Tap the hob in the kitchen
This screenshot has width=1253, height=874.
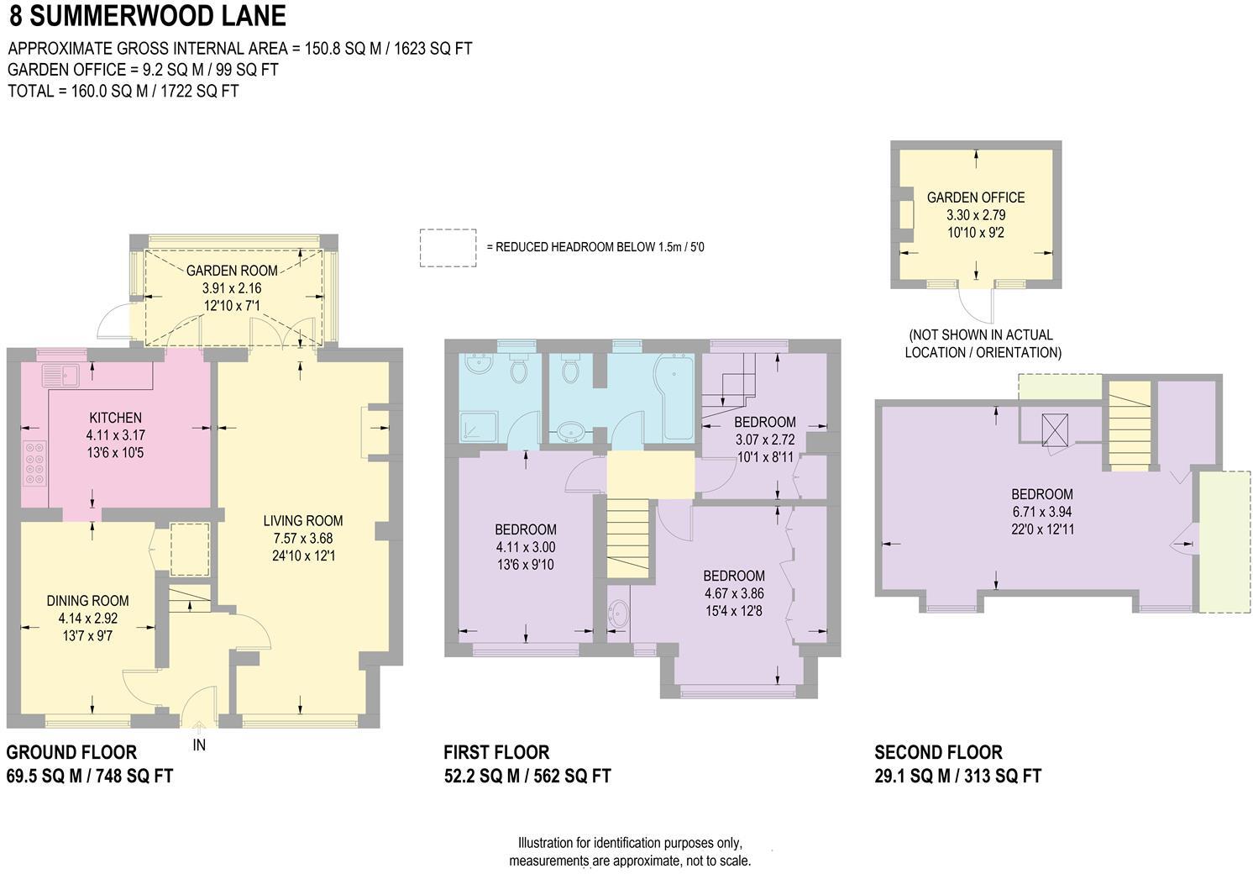[x=35, y=464]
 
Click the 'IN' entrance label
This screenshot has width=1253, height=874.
[x=199, y=745]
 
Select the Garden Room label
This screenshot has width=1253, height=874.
[x=232, y=271]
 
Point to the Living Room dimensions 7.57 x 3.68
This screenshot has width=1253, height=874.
[x=302, y=538]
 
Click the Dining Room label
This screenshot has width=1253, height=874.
[x=87, y=601]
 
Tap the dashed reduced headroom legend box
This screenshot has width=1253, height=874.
[x=448, y=249]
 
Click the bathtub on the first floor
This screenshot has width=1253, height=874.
[x=674, y=397]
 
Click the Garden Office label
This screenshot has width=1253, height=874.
[x=975, y=197]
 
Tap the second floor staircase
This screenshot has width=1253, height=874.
[x=1129, y=424]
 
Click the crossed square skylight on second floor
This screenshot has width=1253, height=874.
[x=1054, y=429]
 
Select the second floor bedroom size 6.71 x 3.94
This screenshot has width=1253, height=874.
[x=1041, y=512]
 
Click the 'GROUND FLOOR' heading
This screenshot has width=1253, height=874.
[x=71, y=752]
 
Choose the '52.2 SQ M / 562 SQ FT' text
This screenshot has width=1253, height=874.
[x=527, y=776]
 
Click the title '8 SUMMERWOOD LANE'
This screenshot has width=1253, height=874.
[x=147, y=16]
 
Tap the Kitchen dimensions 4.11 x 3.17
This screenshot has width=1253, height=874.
[x=115, y=435]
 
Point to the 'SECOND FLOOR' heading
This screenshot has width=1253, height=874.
[x=938, y=752]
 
